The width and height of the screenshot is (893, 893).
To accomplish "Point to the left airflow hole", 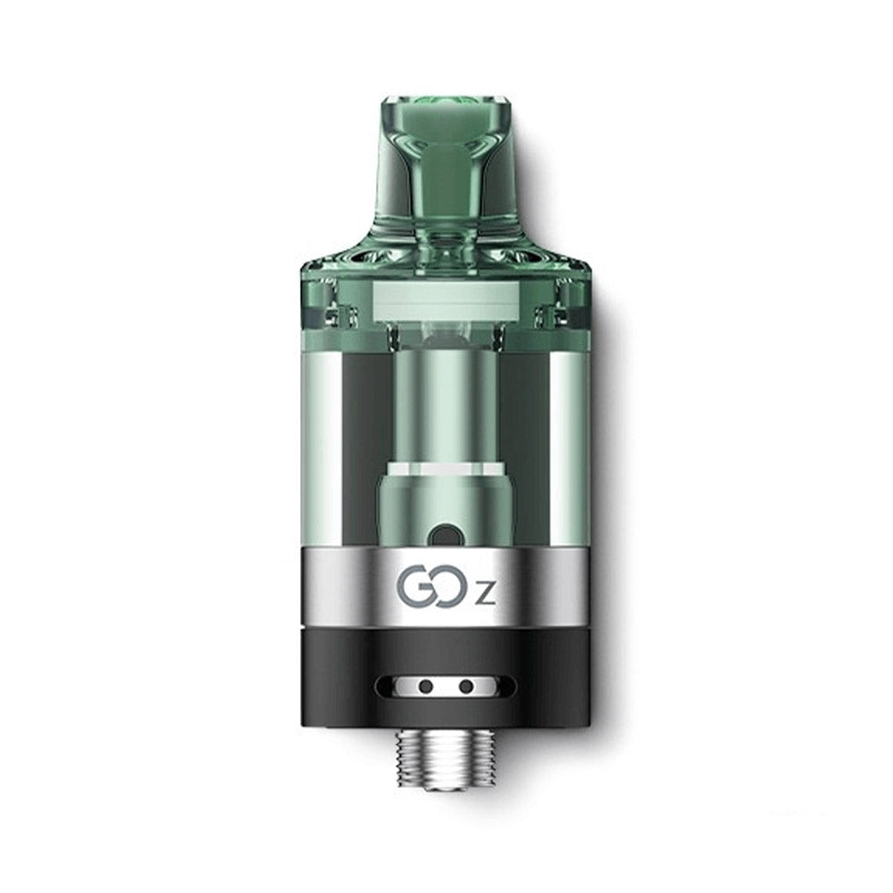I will (x=427, y=687).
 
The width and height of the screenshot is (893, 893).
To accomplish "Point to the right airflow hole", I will (x=466, y=687).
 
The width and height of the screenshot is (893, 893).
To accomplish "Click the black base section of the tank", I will (x=339, y=679).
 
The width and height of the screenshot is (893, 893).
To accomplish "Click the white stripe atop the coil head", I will (x=446, y=467).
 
